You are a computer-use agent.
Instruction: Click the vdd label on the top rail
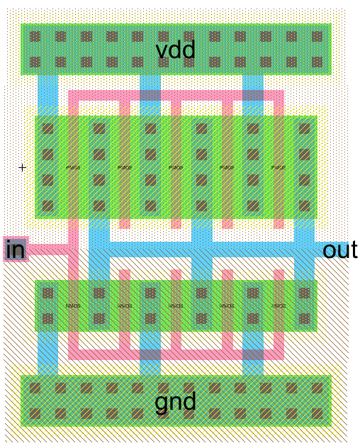tap(176, 50)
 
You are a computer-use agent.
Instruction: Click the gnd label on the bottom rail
tap(176, 402)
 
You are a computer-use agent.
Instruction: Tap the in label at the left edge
tap(15, 250)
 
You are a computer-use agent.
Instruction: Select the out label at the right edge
tap(340, 250)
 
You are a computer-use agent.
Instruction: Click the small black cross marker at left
tap(22, 168)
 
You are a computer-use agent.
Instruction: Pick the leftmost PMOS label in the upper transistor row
tap(73, 168)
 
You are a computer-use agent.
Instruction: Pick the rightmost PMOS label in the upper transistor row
tap(279, 168)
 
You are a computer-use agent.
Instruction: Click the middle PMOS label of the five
tap(176, 168)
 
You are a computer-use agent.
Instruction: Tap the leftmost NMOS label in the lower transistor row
tap(73, 306)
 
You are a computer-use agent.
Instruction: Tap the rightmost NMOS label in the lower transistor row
tap(279, 306)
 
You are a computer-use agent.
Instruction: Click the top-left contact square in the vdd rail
tap(35, 36)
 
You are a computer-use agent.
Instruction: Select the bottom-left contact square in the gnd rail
tap(35, 413)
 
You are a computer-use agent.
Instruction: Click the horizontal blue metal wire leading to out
tap(213, 250)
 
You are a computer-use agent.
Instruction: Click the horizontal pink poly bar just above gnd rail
tap(176, 354)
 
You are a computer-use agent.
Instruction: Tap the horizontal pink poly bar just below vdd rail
tap(176, 95)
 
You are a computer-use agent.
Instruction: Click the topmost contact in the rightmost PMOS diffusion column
tap(305, 129)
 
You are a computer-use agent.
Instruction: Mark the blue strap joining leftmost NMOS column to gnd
tap(47, 353)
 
